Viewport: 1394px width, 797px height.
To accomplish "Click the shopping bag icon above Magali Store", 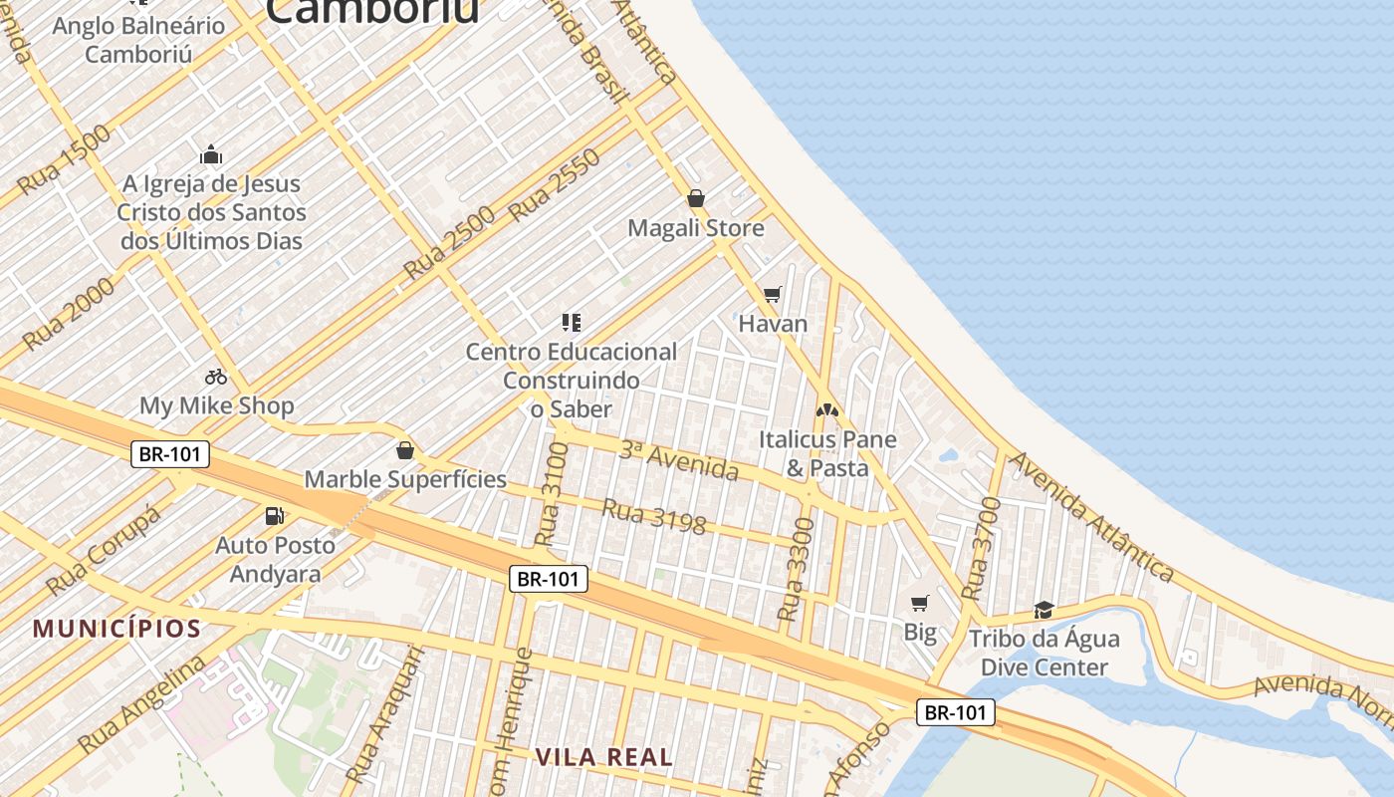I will click(x=696, y=198).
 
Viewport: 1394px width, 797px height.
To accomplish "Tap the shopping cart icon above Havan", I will click(x=772, y=294).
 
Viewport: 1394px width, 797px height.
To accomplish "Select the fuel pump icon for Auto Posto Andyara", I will click(x=274, y=515).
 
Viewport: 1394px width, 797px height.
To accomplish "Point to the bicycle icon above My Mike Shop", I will click(x=216, y=377).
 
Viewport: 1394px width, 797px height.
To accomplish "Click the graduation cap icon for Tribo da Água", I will click(x=1044, y=609).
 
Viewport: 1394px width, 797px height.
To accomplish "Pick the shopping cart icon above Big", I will click(x=920, y=603).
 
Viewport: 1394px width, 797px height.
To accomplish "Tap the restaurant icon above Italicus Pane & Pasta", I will click(x=826, y=409).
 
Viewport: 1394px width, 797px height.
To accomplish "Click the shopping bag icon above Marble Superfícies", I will click(x=404, y=450).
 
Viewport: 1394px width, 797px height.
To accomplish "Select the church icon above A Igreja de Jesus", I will click(x=211, y=154).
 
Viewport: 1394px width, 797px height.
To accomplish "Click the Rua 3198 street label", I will click(x=654, y=516).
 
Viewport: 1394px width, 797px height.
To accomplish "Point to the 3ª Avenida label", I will click(x=679, y=460).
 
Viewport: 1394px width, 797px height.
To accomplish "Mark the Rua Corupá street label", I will click(x=103, y=548).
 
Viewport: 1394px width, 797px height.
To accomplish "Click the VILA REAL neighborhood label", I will click(x=603, y=756).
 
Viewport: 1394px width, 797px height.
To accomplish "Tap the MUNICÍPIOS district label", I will click(x=117, y=629).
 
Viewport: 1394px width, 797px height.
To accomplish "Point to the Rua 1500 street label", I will click(x=64, y=159).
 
